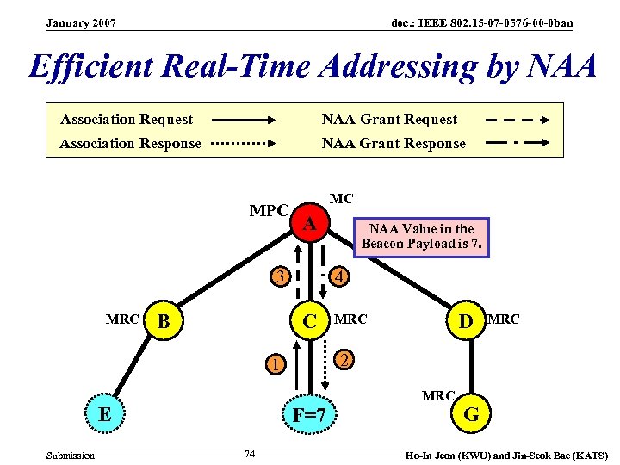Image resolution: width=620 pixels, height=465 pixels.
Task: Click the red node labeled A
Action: tap(310, 225)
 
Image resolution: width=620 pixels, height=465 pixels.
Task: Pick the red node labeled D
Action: tap(466, 323)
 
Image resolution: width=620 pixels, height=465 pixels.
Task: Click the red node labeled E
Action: tap(103, 413)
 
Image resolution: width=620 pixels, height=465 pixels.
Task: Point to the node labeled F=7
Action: tap(310, 416)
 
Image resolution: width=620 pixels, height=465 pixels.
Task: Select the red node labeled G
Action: tap(471, 415)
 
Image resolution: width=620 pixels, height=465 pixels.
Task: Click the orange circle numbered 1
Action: tap(274, 364)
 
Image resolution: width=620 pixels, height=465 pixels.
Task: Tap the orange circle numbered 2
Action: tap(343, 359)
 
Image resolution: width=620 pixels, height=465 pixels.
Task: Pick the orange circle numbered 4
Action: tap(341, 277)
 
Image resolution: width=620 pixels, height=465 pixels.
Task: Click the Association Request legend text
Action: tap(127, 119)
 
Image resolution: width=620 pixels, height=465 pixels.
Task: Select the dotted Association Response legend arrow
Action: tap(242, 144)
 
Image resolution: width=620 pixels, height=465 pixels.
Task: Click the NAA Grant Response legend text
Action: tap(394, 144)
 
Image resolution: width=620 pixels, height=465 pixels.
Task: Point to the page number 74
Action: tap(250, 454)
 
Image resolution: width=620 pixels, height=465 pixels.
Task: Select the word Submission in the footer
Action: tap(71, 455)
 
